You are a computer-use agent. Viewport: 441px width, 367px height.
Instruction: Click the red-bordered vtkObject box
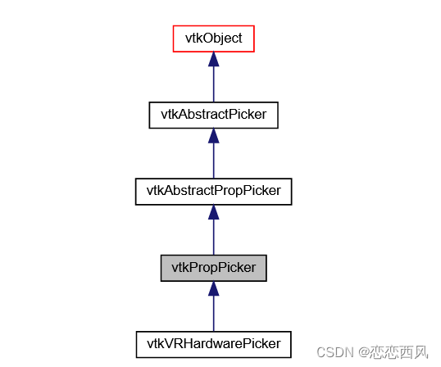213,39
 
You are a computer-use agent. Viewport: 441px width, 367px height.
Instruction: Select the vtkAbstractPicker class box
213,115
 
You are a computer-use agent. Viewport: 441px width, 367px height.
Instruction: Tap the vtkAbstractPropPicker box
213,191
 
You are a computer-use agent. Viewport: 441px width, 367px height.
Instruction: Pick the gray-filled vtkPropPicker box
213,267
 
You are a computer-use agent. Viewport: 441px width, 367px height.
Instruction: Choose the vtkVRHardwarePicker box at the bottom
213,343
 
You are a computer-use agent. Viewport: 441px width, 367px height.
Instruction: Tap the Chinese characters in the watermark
398,352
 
